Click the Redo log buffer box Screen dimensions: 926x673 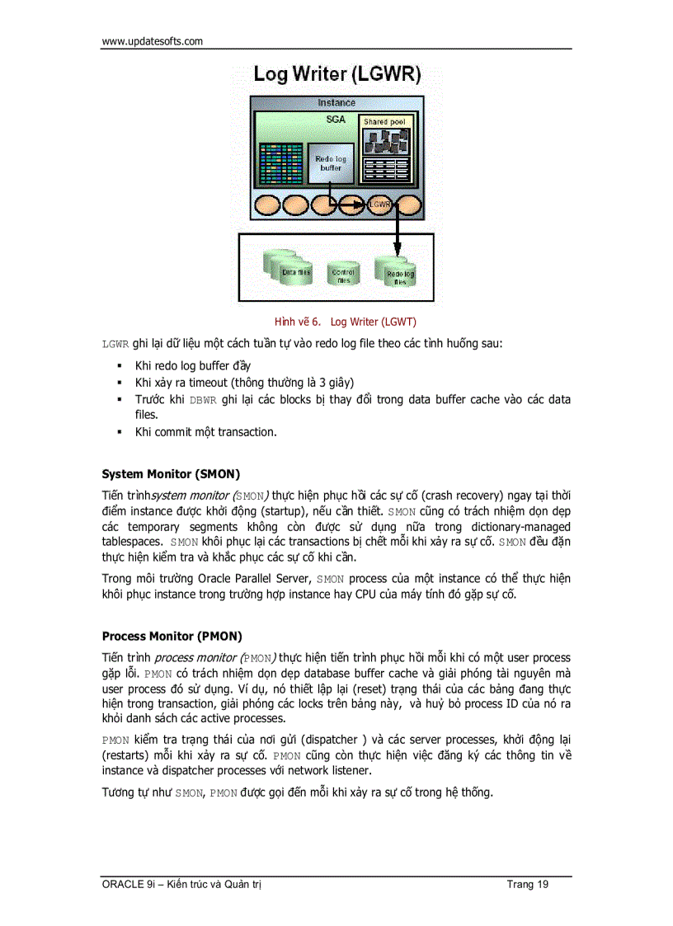point(331,163)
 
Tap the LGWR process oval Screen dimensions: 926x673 point(379,204)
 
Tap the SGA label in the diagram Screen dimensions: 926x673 point(336,119)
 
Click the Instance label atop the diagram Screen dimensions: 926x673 point(336,103)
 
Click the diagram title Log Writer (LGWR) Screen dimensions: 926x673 point(336,73)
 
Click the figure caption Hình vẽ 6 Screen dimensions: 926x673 point(297,322)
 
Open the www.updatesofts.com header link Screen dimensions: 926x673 point(152,41)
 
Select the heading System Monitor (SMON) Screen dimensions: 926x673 point(171,474)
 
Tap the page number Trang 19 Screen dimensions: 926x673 point(528,885)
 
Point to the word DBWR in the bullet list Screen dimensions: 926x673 point(201,400)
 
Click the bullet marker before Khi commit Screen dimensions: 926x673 point(119,431)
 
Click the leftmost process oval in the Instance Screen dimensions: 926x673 point(270,205)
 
